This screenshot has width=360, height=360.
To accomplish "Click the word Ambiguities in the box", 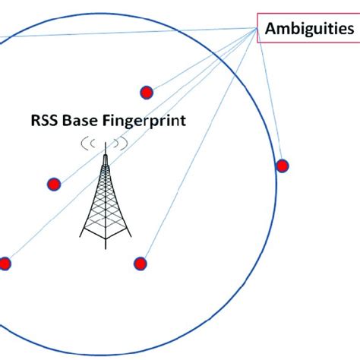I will [x=308, y=30].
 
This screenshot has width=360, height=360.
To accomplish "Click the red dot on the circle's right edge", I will [x=282, y=166].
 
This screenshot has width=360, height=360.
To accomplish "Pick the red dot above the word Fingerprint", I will [x=147, y=93].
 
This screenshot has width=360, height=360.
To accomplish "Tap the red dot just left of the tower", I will [x=54, y=183].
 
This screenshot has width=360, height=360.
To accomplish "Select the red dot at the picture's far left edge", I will [x=5, y=264].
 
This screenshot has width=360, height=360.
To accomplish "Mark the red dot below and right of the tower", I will [x=140, y=264].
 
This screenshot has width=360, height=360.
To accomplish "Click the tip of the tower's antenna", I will [x=106, y=144].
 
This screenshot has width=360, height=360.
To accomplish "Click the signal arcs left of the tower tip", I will [x=90, y=143].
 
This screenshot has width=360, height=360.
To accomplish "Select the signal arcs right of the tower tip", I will [x=121, y=143].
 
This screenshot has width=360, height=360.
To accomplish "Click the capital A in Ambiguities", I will [x=270, y=30].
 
